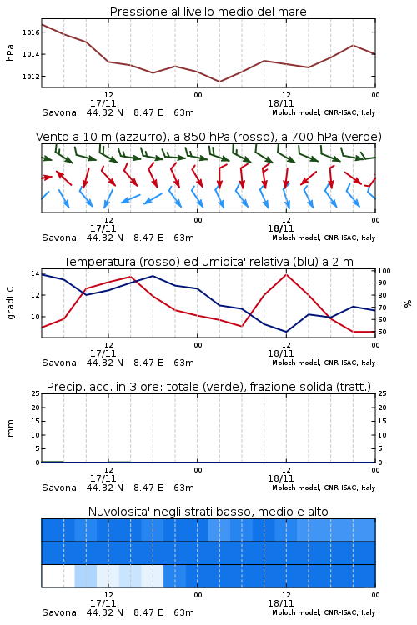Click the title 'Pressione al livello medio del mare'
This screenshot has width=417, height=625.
coord(208,12)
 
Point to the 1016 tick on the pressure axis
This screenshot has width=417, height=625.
coord(31,32)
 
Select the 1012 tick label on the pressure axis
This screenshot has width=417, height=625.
coord(31,76)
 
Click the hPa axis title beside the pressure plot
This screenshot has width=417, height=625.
coord(10,52)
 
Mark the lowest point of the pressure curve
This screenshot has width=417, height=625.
coord(219,82)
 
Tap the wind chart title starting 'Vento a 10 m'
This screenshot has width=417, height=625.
coord(208,137)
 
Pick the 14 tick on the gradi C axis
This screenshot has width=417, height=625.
coord(35,273)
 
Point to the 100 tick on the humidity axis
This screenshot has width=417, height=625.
coord(384,271)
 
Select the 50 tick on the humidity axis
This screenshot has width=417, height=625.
coord(382,332)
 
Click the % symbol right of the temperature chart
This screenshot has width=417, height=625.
coord(408,303)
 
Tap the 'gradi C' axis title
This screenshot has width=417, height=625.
coord(10,303)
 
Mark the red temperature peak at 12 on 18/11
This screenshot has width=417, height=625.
coord(286,274)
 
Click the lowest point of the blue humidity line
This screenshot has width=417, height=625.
coord(286,332)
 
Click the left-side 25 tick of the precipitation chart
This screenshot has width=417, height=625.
coord(35,393)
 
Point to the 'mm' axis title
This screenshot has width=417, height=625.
coord(10,427)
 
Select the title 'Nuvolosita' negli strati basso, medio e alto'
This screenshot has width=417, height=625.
coord(208,512)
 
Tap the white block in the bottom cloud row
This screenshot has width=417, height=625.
coord(58,576)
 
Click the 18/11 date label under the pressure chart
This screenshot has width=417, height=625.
coord(280,103)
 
